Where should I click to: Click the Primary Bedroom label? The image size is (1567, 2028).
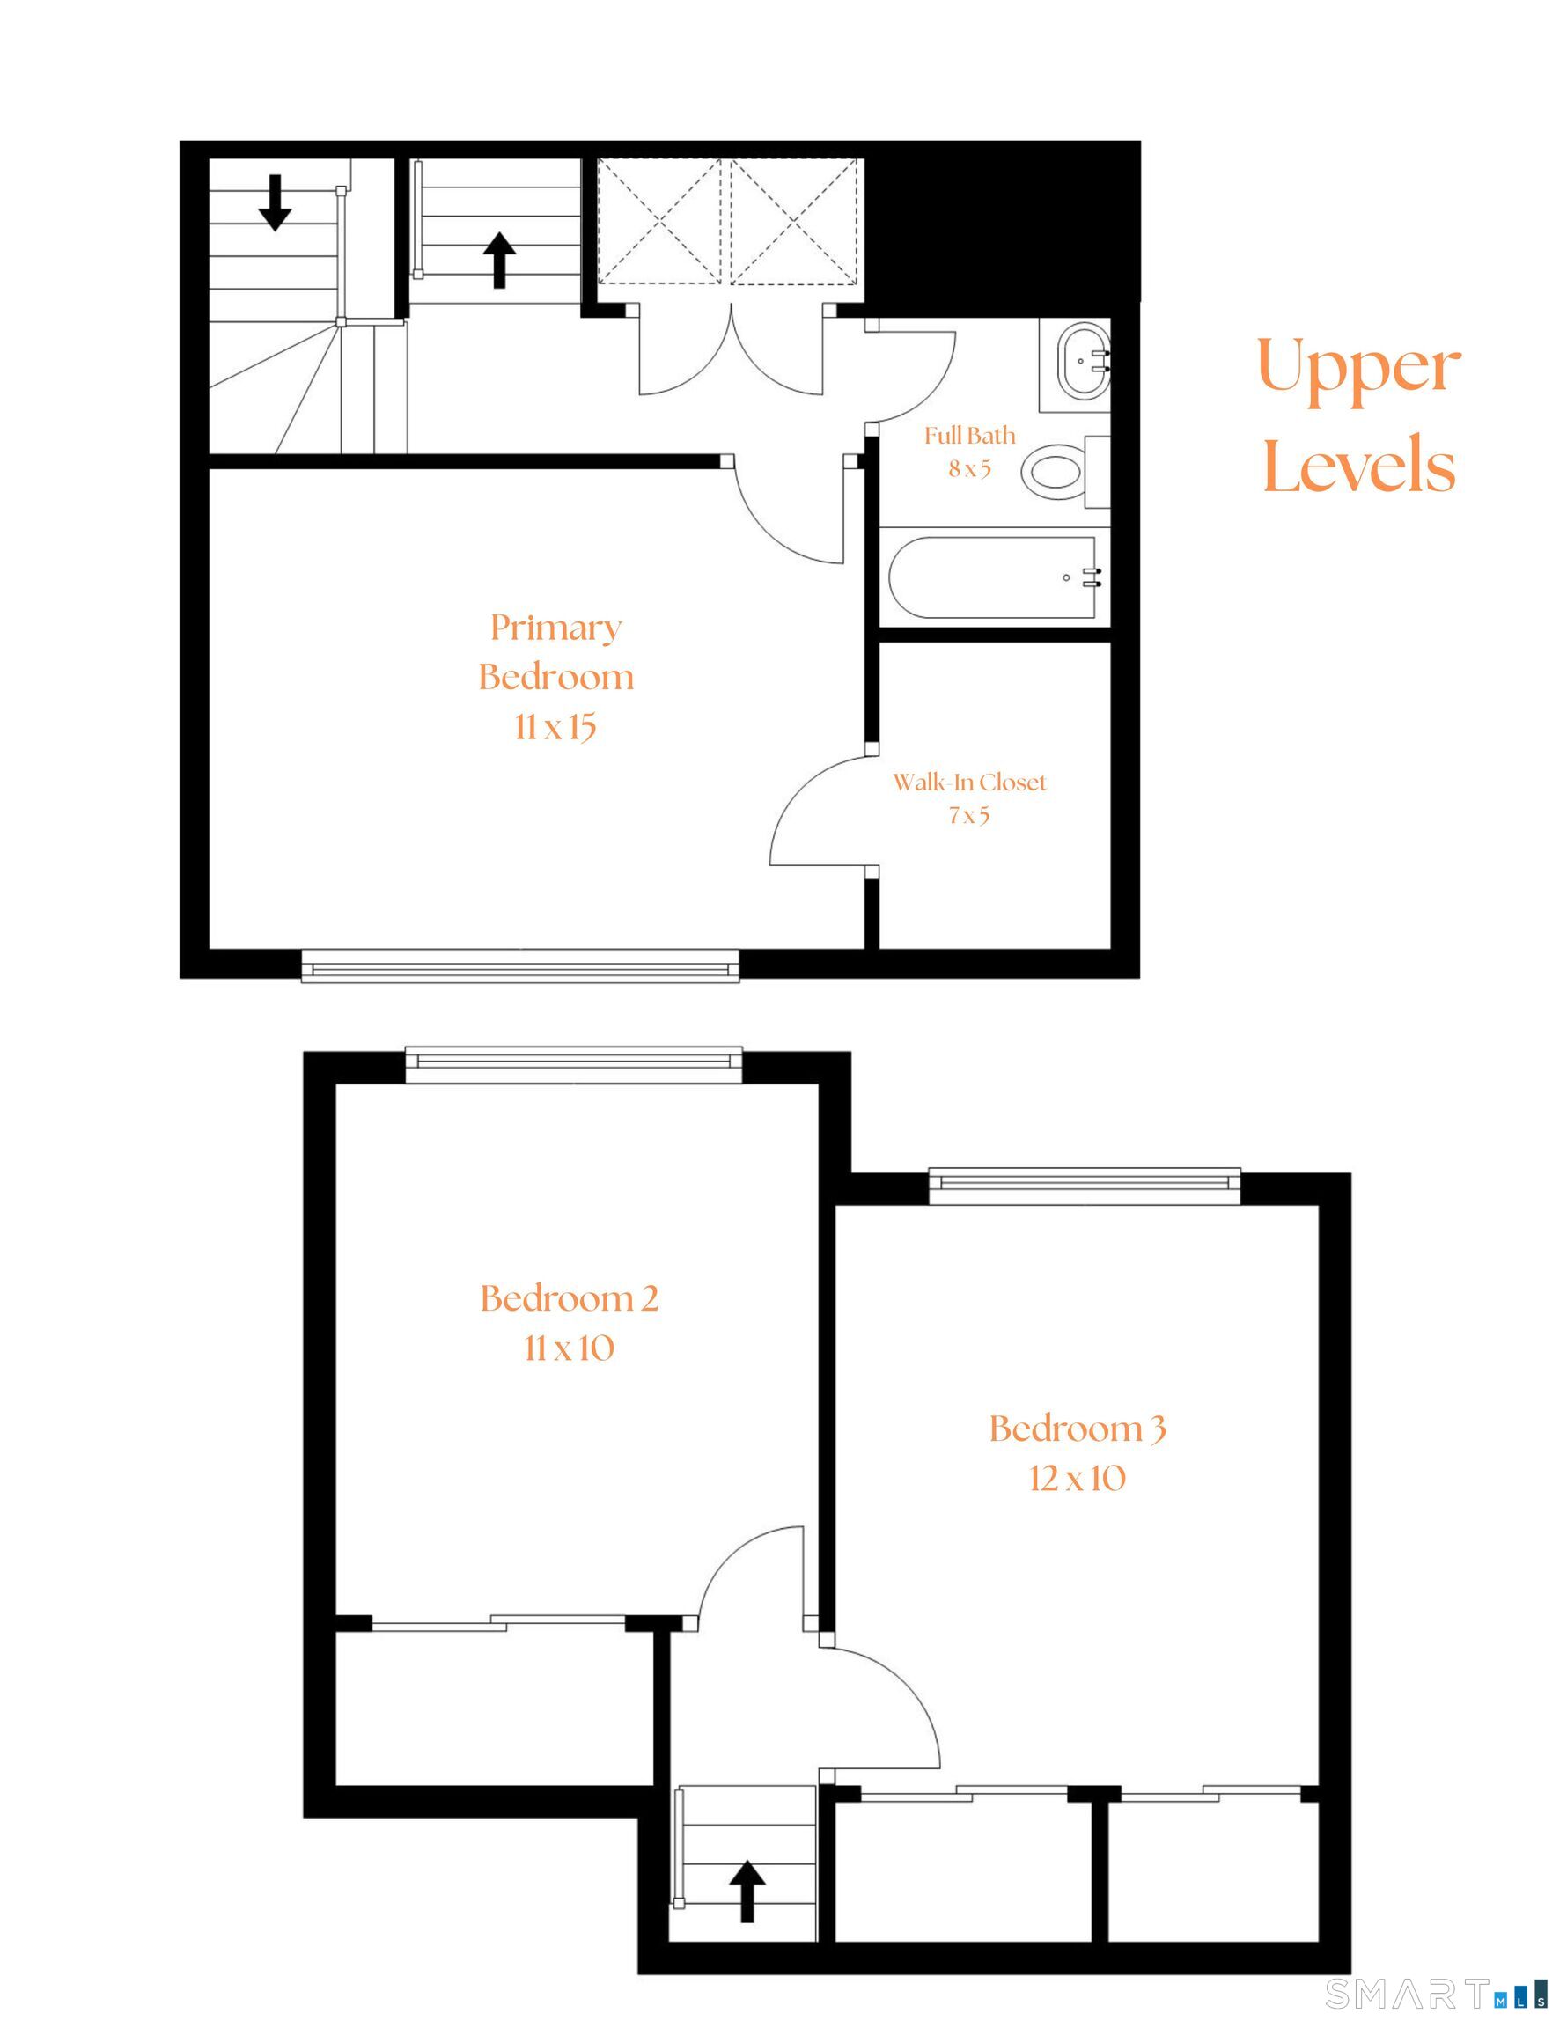(555, 652)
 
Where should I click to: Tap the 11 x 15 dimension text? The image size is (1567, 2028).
(555, 727)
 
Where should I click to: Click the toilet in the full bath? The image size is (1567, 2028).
(1055, 472)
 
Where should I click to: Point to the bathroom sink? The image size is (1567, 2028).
(1081, 360)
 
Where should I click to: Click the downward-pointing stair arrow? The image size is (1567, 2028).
(275, 202)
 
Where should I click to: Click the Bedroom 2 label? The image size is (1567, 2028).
(569, 1298)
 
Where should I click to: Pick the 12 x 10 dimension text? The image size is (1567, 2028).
(1077, 1478)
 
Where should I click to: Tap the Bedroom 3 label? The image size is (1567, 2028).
(1077, 1429)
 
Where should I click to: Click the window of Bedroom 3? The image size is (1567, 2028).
(1084, 1184)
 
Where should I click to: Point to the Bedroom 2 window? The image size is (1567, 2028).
(574, 1064)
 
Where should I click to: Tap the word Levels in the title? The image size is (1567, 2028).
(1358, 464)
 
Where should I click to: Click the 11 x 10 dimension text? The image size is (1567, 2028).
(569, 1348)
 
